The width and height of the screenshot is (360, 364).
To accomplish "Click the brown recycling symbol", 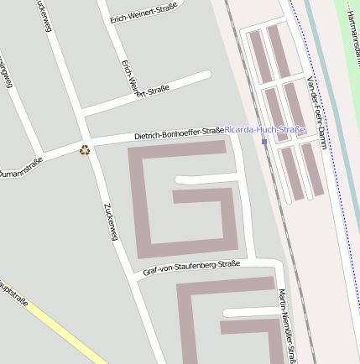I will tap(85, 150).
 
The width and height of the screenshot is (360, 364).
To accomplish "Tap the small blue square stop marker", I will tap(264, 142).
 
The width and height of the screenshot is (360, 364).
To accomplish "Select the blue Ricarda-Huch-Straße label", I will tap(264, 130).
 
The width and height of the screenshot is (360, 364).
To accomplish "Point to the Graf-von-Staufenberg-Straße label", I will tap(191, 268).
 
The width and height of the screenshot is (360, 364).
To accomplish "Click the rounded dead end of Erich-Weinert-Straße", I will tap(206, 76).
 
